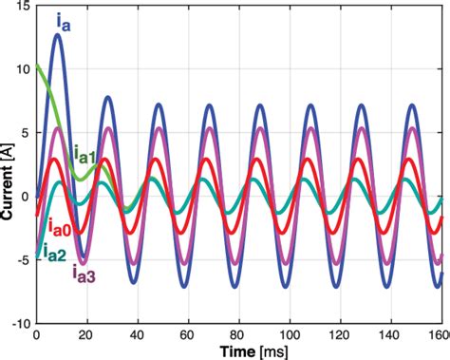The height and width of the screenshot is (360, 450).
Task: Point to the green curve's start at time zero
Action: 37,66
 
